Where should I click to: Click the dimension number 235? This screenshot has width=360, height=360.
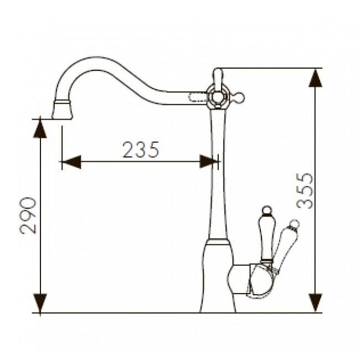pos(141,150)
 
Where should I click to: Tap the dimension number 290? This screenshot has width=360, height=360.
pos(28,215)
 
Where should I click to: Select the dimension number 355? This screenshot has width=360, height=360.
pos(305,191)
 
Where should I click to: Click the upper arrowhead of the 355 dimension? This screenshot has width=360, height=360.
pos(316,78)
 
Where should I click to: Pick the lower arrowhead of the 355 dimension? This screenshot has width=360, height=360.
pos(316,302)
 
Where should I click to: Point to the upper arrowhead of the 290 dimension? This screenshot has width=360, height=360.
pos(40,129)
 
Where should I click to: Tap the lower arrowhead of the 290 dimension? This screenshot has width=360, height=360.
pos(40,303)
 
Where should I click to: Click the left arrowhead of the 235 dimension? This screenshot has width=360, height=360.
pos(71,162)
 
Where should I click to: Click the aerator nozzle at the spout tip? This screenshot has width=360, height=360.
pos(62,110)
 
